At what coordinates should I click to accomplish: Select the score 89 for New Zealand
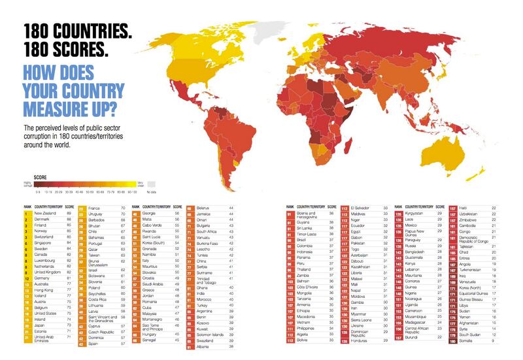pyautogui.click(x=69, y=213)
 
